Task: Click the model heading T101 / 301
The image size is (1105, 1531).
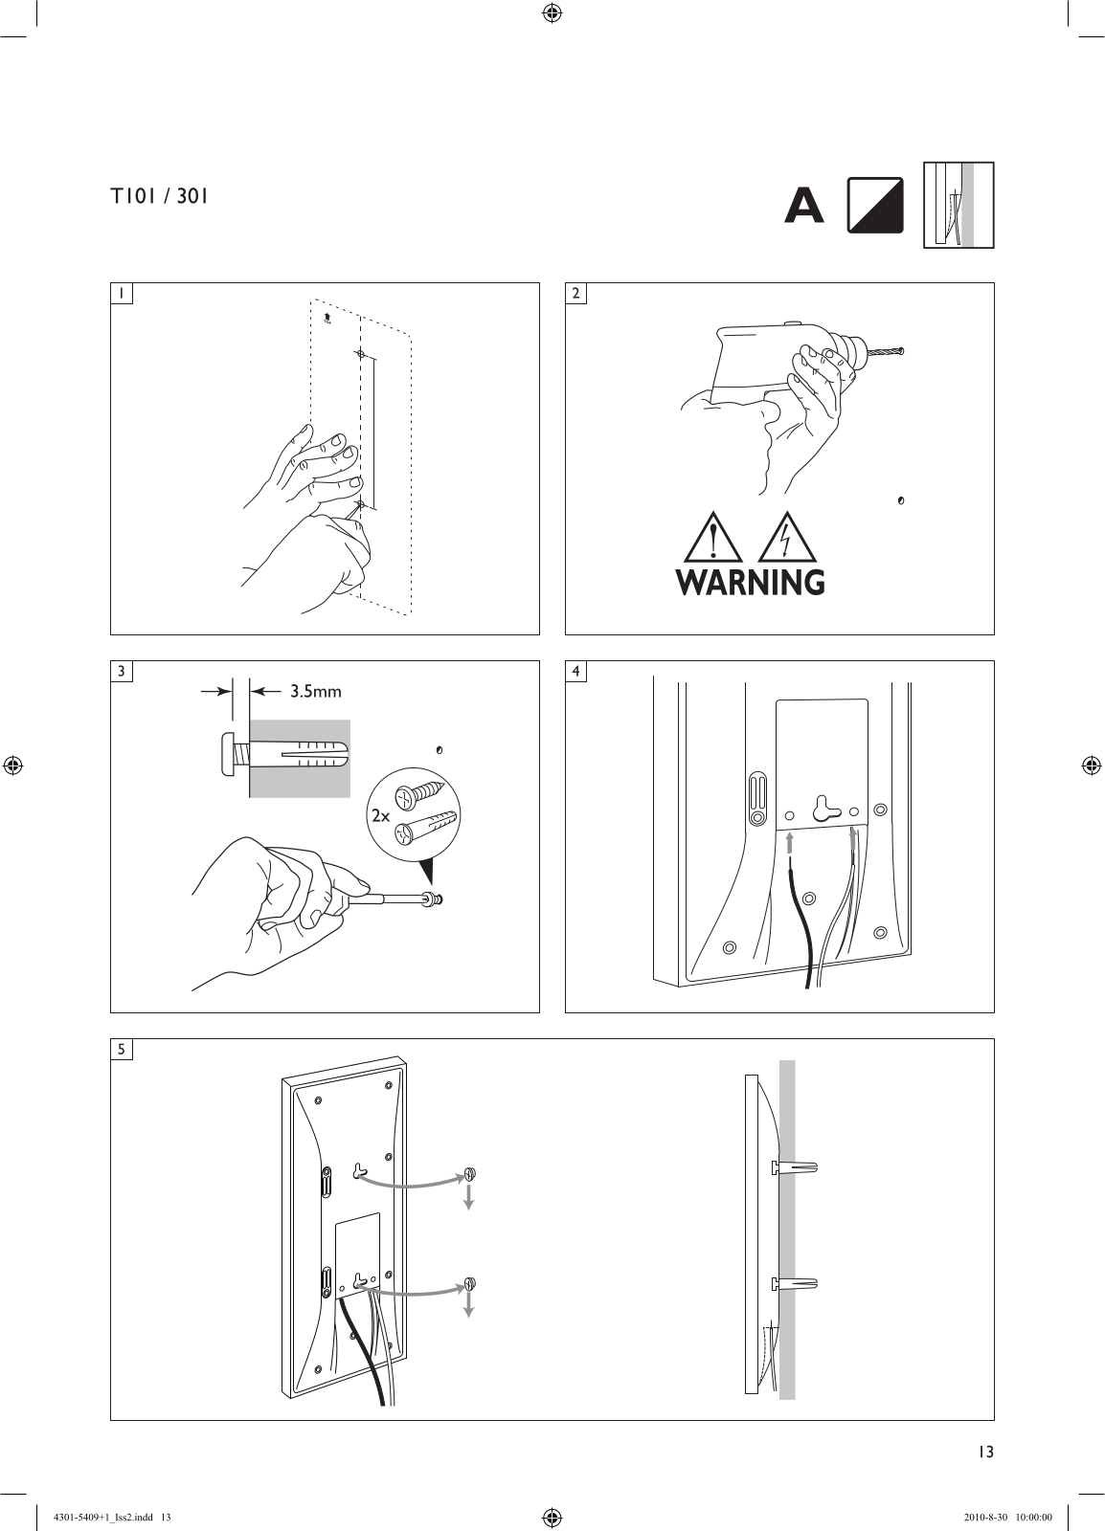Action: [159, 197]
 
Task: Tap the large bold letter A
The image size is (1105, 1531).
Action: [803, 205]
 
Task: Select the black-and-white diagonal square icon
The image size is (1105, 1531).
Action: [875, 205]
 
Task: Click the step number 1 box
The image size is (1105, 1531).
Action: [122, 293]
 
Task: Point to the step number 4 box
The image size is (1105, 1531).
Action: [575, 671]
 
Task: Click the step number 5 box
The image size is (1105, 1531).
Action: [122, 1049]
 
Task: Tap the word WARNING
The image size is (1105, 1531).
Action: [750, 582]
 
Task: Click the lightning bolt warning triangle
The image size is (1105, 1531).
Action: [788, 538]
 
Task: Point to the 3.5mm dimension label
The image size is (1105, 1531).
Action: [315, 691]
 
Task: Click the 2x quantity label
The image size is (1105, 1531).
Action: [381, 815]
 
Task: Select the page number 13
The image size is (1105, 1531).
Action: [985, 1451]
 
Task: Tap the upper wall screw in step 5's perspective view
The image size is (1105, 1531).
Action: [469, 1173]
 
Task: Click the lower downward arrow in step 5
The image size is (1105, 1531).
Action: [469, 1305]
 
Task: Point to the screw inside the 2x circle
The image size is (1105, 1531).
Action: [419, 793]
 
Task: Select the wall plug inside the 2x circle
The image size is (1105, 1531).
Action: [424, 826]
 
